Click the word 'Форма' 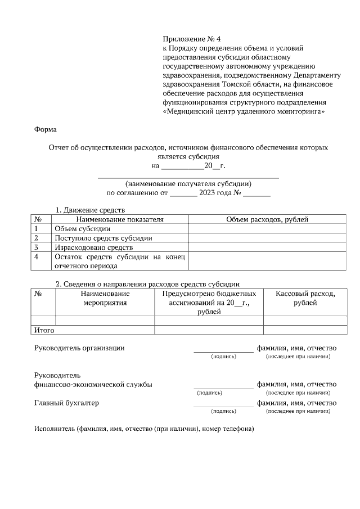[46, 129]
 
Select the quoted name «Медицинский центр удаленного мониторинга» [245, 111]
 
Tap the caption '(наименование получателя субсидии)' [188, 183]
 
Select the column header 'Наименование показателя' [120, 219]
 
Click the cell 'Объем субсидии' [82, 229]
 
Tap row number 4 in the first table [37, 256]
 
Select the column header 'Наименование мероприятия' [105, 298]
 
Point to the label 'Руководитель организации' [79, 348]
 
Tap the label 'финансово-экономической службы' [93, 385]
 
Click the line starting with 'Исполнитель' [145, 430]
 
